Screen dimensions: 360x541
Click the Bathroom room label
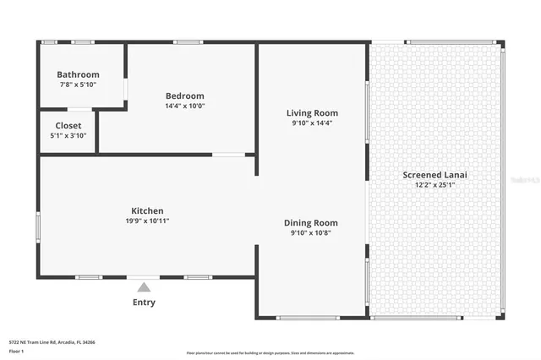tap(78, 74)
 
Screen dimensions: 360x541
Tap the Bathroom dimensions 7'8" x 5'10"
tap(78, 85)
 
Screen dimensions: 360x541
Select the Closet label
tap(68, 125)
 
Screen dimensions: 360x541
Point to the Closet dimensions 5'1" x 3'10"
tap(68, 135)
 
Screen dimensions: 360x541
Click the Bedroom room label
tap(184, 95)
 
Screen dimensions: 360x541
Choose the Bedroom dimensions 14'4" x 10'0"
tap(184, 106)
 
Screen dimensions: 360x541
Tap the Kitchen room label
tap(147, 210)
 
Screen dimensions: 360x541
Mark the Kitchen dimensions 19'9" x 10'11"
tap(147, 221)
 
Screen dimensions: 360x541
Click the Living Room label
tap(312, 112)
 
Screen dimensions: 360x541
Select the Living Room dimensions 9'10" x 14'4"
tap(312, 123)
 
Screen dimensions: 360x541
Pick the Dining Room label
tap(310, 223)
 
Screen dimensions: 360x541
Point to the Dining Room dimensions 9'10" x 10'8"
tap(310, 233)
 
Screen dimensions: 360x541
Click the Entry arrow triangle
tap(144, 287)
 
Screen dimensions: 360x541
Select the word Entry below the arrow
tap(144, 302)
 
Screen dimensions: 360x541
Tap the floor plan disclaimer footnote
tap(270, 352)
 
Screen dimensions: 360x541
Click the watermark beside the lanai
tap(526, 180)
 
